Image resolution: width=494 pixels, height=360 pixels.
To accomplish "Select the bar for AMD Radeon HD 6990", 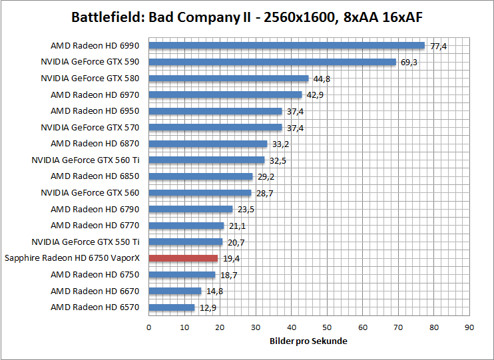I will [286, 46].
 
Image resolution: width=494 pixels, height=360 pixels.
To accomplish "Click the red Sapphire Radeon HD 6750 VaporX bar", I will [183, 258].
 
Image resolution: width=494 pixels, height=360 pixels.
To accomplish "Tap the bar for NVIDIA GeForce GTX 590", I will [272, 62].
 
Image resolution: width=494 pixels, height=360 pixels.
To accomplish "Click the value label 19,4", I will [231, 258].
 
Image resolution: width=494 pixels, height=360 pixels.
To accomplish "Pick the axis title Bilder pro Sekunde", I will [309, 341].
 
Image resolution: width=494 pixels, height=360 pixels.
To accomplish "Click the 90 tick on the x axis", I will [469, 327].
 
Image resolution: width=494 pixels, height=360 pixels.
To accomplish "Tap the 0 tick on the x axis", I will [148, 327].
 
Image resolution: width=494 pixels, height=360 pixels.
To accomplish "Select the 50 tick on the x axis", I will [327, 327].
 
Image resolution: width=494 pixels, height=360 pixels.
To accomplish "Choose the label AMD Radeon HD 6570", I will [95, 307].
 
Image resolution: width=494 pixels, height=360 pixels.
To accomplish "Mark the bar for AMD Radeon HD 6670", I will [174, 291].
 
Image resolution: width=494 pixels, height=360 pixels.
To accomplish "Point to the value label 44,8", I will [322, 79].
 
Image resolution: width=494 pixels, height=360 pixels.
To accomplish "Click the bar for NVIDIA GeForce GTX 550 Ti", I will [185, 242].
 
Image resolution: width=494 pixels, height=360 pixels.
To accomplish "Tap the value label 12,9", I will [208, 307].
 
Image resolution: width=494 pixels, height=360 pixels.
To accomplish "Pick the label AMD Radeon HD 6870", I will [95, 144].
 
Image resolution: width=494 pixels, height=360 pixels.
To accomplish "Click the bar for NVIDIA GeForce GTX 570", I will [215, 127].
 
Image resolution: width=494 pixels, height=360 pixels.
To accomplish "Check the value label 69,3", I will [409, 62].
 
